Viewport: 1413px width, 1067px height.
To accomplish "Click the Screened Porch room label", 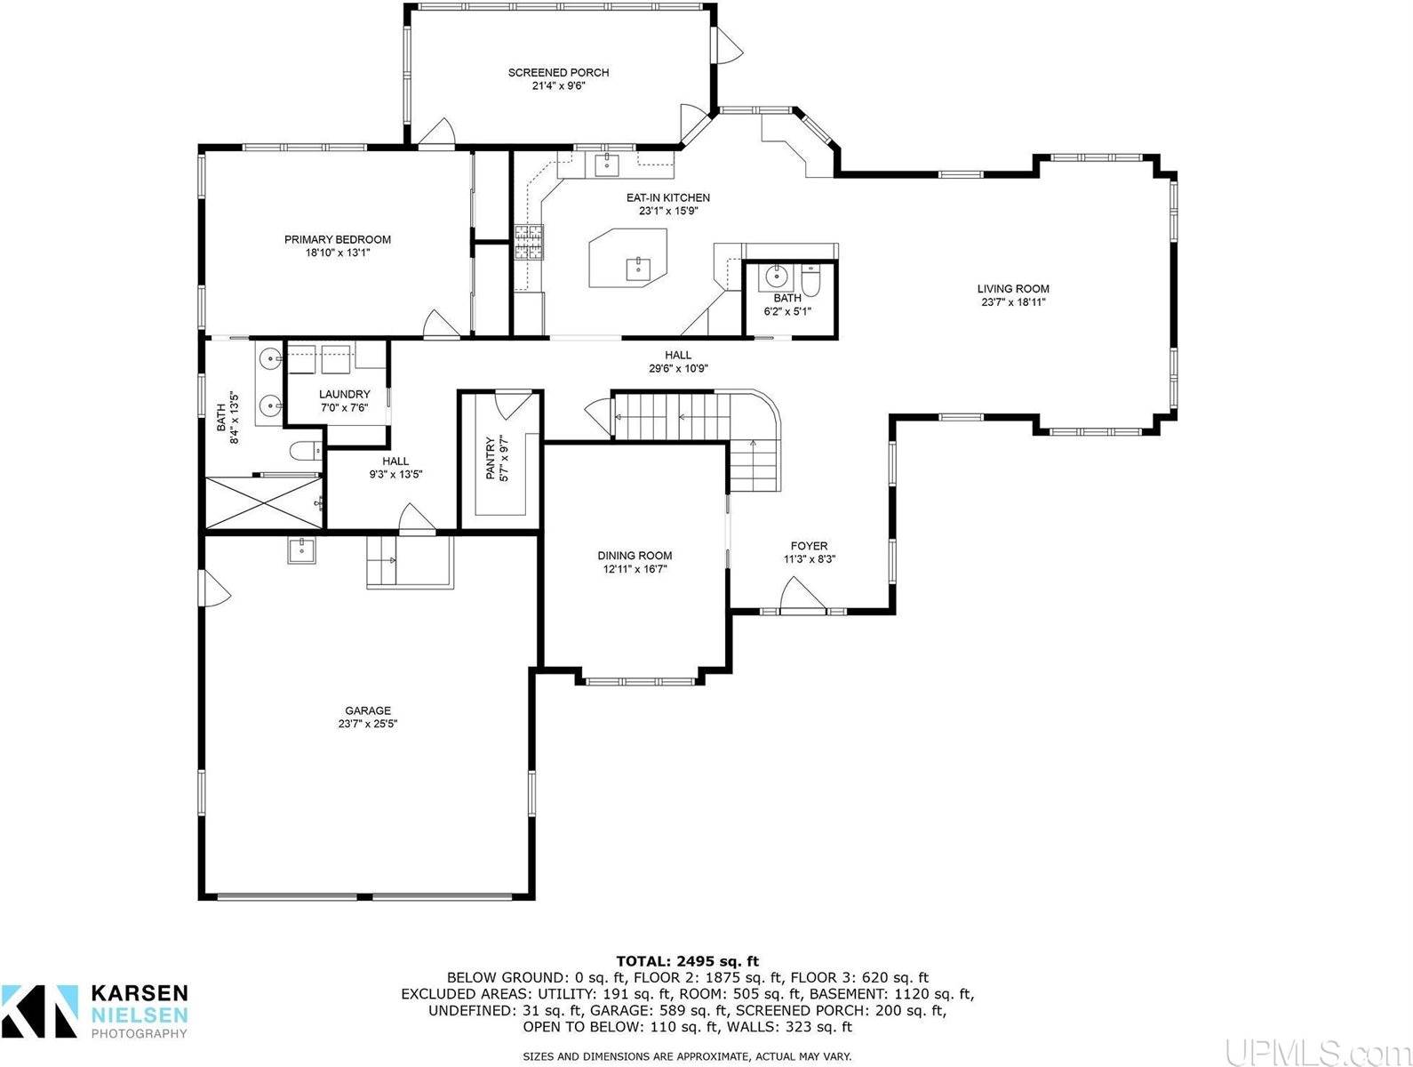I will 558,73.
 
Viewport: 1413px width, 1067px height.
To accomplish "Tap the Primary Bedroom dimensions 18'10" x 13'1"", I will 337,253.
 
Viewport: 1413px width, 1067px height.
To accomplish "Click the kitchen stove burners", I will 530,243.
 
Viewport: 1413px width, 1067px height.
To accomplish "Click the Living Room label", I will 1013,289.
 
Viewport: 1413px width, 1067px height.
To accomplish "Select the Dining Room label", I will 635,556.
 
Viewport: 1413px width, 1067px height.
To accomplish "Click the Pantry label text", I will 490,458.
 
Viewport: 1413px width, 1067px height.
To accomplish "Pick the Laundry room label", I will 345,395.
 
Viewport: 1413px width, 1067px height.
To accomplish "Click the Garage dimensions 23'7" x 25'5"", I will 368,724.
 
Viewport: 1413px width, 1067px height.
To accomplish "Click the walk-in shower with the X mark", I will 263,503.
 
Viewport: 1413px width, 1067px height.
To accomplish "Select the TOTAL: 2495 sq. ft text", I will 688,961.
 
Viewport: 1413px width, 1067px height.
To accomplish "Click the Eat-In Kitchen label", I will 668,198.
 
